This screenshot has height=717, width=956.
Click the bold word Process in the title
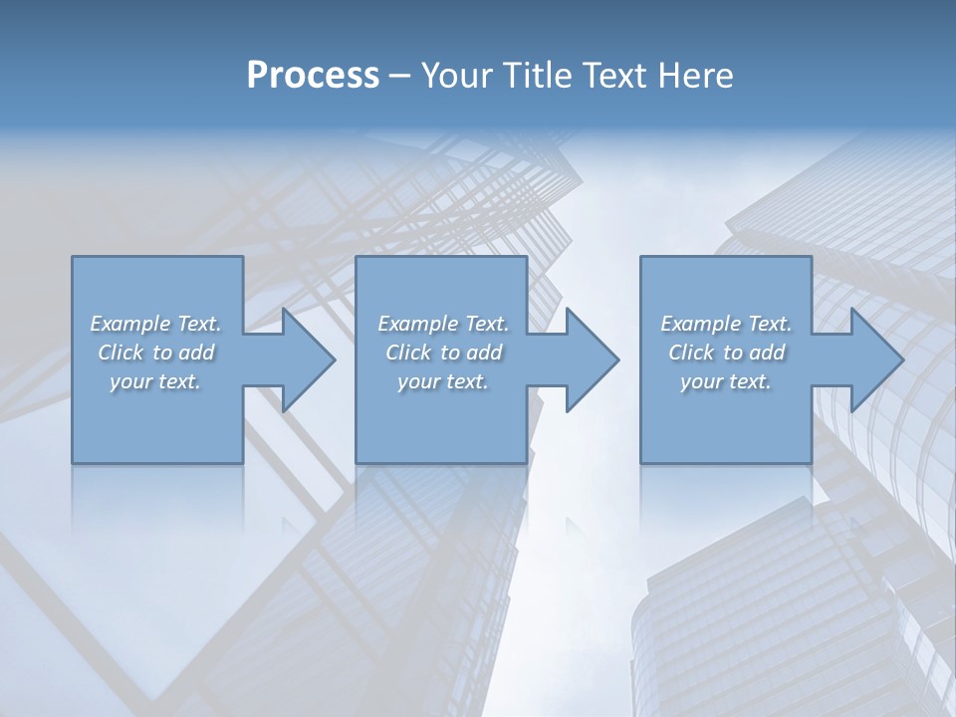(x=313, y=76)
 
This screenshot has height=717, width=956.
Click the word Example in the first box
(x=130, y=324)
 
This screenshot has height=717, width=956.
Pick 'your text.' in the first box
(x=155, y=381)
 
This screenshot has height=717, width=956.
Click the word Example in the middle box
(x=418, y=324)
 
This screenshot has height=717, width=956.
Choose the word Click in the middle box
(x=408, y=353)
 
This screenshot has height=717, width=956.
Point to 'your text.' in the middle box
(x=442, y=381)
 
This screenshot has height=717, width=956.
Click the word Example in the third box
(x=701, y=324)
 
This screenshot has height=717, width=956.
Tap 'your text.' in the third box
(x=726, y=381)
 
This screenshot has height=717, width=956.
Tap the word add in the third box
(x=767, y=353)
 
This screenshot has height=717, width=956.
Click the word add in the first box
(x=196, y=353)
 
